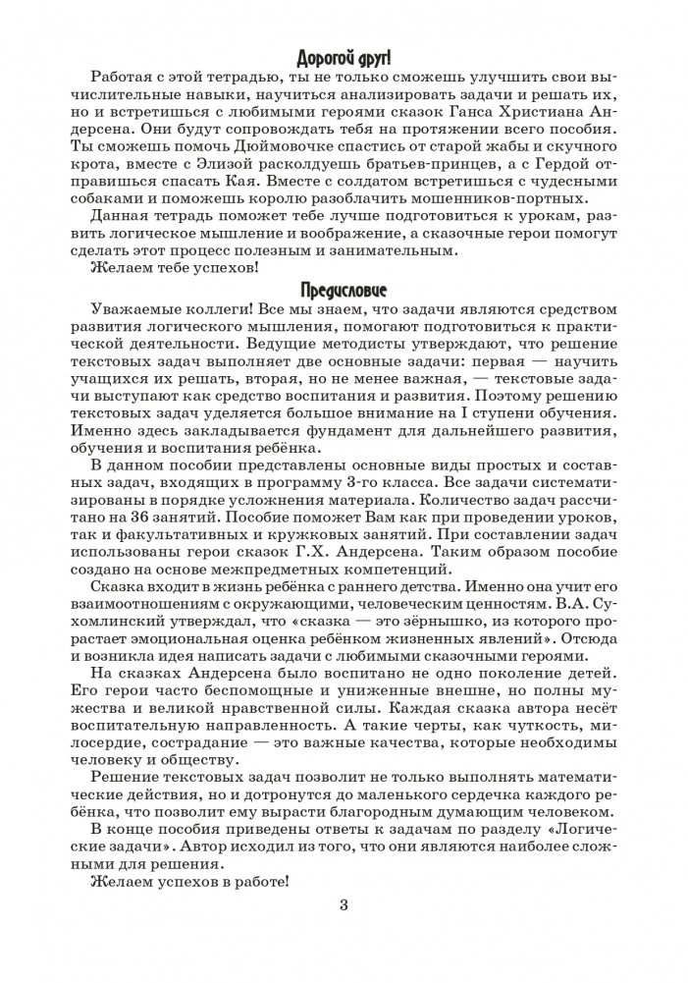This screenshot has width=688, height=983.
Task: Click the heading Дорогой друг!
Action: click(x=344, y=57)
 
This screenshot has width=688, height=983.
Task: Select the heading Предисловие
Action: click(x=344, y=291)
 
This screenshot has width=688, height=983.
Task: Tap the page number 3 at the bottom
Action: click(x=344, y=904)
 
